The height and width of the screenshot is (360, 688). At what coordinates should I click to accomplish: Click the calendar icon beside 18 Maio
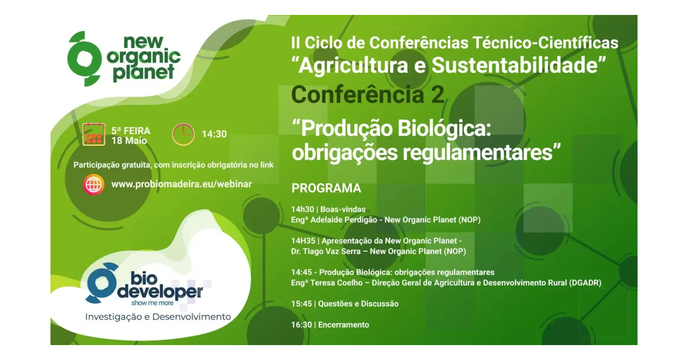tap(93, 134)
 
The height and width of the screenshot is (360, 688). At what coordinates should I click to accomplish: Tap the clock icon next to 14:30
tap(183, 134)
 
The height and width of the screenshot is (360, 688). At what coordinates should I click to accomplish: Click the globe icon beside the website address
tap(93, 185)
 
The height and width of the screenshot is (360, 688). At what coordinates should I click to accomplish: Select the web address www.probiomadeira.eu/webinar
tap(182, 184)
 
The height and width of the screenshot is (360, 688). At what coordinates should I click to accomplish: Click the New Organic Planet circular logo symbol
tap(84, 58)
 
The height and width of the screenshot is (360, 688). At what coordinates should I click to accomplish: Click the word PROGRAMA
tap(326, 188)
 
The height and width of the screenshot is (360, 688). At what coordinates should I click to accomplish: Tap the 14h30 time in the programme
tap(303, 209)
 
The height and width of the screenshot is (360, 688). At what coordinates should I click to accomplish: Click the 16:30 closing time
tap(302, 324)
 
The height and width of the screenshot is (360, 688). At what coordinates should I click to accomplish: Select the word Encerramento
tap(343, 324)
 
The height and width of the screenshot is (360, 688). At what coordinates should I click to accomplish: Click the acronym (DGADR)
tap(585, 283)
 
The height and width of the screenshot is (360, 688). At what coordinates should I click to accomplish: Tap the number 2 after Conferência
tap(437, 95)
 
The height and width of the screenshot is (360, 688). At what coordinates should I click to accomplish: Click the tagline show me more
tap(153, 303)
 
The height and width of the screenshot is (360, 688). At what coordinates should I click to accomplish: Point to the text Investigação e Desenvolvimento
tap(158, 316)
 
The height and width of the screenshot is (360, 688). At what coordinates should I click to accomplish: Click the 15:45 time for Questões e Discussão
tap(302, 304)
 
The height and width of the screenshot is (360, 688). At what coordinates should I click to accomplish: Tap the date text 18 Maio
tap(129, 141)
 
